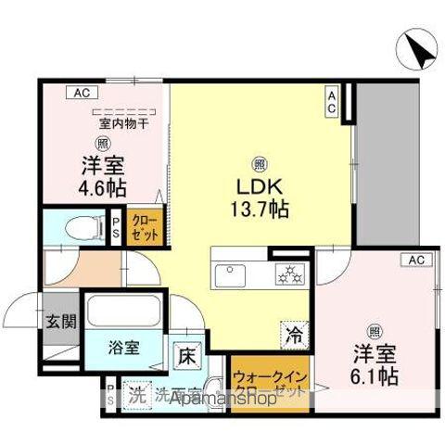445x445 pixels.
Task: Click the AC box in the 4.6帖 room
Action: pyautogui.click(x=81, y=93)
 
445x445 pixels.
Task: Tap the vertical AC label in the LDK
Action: pyautogui.click(x=331, y=102)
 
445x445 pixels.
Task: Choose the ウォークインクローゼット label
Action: pyautogui.click(x=270, y=385)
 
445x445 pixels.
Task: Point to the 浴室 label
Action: pyautogui.click(x=125, y=349)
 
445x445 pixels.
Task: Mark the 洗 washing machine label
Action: pyautogui.click(x=136, y=393)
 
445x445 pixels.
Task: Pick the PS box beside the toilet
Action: pyautogui.click(x=116, y=229)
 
